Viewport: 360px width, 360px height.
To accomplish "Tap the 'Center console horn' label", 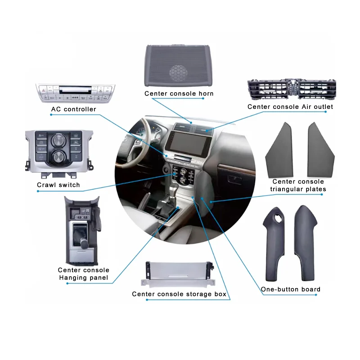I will click(179, 94).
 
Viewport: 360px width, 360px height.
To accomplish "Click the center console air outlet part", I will click(291, 90).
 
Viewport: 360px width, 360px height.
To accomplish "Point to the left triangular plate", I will click(279, 150).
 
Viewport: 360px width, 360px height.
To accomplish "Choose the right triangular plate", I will click(320, 150).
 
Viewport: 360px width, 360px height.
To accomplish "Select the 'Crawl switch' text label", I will click(58, 185).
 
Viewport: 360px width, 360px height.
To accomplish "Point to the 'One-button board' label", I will click(291, 289).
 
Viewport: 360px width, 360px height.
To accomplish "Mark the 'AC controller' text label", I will click(73, 109).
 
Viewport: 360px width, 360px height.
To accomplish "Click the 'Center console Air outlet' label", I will click(290, 107).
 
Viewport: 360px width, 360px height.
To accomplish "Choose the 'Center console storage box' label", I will click(179, 294).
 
